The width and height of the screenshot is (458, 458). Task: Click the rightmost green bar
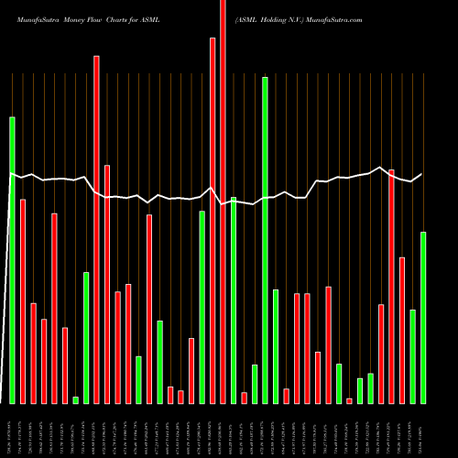[x=423, y=317]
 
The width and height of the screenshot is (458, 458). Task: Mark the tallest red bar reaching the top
[x=223, y=202]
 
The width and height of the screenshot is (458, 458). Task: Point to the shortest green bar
[x=75, y=399]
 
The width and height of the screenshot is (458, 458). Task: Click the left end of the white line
[x=10, y=173]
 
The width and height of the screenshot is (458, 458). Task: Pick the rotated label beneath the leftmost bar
[x=12, y=431]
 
